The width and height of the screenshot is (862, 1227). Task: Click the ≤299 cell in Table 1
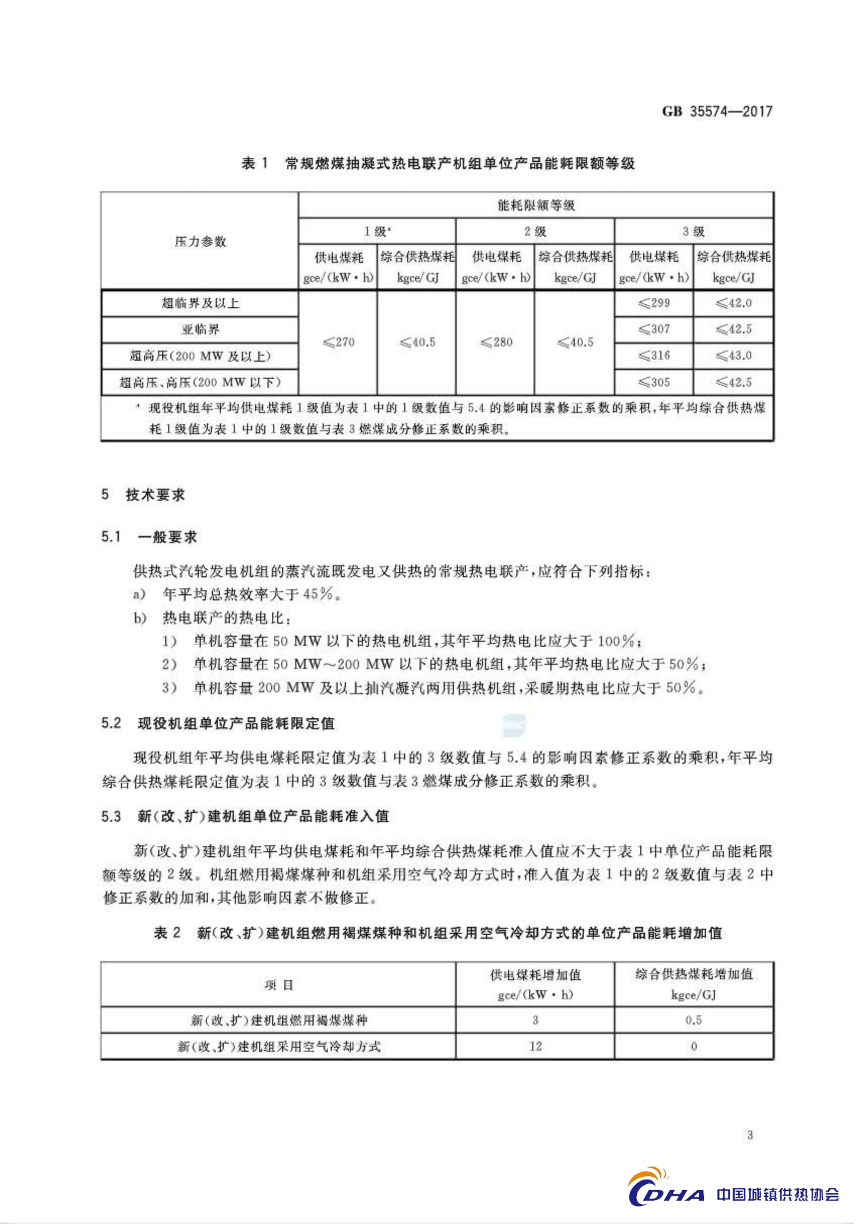pyautogui.click(x=653, y=303)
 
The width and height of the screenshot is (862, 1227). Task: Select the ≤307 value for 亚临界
pyautogui.click(x=653, y=329)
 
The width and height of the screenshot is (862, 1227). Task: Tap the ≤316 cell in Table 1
pyautogui.click(x=653, y=355)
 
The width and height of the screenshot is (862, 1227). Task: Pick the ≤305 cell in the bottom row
pyautogui.click(x=653, y=382)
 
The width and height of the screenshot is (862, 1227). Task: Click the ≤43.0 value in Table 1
pyautogui.click(x=733, y=355)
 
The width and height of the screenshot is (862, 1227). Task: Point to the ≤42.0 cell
pyautogui.click(x=733, y=303)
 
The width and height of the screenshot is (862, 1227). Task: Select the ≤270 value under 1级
pyautogui.click(x=338, y=342)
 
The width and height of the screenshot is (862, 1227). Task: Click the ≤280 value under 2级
pyautogui.click(x=496, y=342)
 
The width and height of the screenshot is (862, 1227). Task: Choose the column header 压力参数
pyautogui.click(x=200, y=242)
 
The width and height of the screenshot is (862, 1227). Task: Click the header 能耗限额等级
pyautogui.click(x=536, y=205)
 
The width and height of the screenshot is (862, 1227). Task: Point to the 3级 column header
pyautogui.click(x=694, y=231)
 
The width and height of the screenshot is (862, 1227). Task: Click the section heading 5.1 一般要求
pyautogui.click(x=149, y=536)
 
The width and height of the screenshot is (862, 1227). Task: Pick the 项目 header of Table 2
pyautogui.click(x=278, y=984)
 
